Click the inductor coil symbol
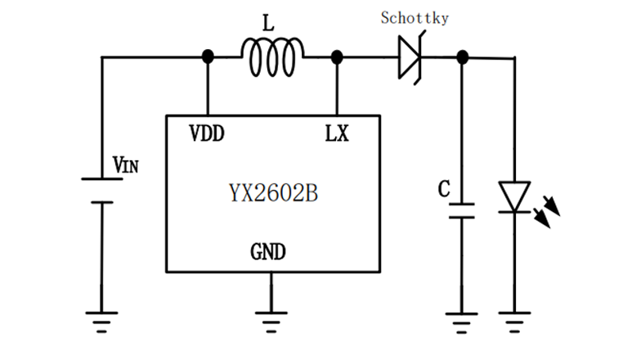pos(272,57)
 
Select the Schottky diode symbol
pos(409,57)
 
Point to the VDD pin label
pos(207,133)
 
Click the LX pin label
pos(336,133)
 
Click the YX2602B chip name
pos(273,194)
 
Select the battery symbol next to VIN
pos(101,191)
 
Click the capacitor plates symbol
pos(463,210)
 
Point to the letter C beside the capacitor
pos(443,190)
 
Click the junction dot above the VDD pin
pos(208,56)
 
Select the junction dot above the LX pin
pos(336,56)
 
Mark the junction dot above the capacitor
pos(463,56)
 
